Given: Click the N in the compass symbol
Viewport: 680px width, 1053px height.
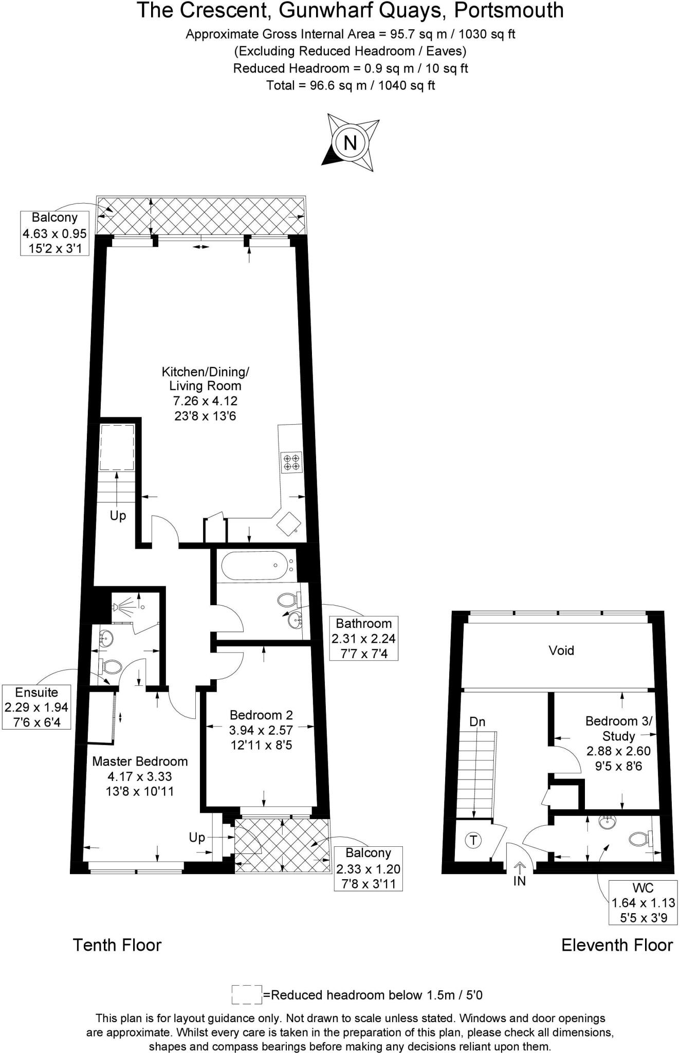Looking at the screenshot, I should pyautogui.click(x=350, y=142).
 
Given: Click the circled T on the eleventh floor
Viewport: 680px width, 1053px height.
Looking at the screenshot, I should pyautogui.click(x=473, y=841).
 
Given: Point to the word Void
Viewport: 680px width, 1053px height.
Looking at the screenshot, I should pyautogui.click(x=561, y=650).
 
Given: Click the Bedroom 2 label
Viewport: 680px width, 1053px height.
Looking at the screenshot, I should pyautogui.click(x=261, y=715).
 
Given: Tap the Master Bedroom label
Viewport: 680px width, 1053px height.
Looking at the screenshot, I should pyautogui.click(x=140, y=761).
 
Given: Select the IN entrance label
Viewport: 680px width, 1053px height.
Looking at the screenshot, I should pyautogui.click(x=519, y=881).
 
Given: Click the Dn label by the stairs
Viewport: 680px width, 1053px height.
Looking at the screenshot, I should pyautogui.click(x=477, y=722).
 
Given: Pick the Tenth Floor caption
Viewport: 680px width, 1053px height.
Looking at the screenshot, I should pyautogui.click(x=117, y=945).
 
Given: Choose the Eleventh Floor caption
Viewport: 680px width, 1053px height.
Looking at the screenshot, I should pyautogui.click(x=617, y=945).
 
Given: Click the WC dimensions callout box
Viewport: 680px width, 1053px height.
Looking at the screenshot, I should pyautogui.click(x=643, y=902).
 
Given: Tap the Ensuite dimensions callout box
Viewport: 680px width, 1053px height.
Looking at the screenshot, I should pyautogui.click(x=36, y=707).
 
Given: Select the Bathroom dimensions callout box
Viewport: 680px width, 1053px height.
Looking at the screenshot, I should pyautogui.click(x=363, y=638).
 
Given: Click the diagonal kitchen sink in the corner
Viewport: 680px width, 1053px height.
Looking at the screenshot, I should pyautogui.click(x=288, y=523).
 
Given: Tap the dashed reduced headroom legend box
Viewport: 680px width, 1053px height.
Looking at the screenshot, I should pyautogui.click(x=247, y=994).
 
